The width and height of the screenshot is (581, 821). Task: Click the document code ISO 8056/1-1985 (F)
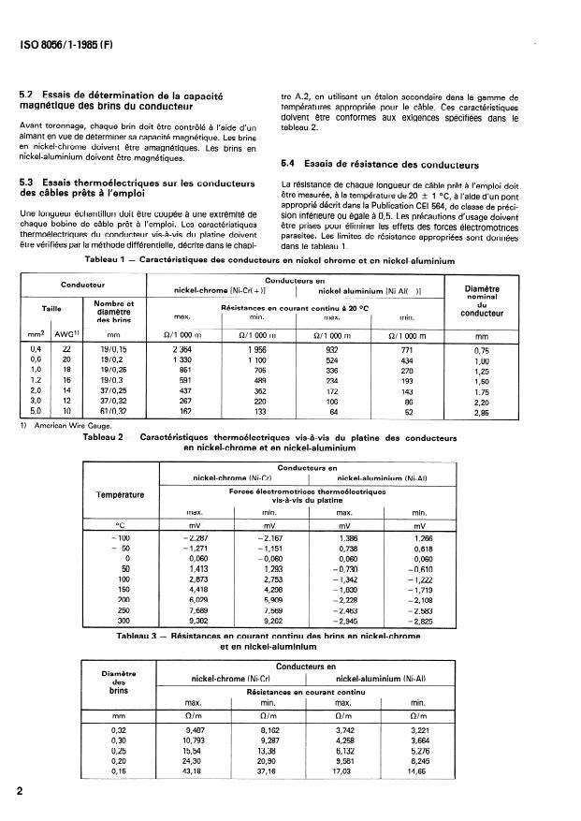[x=64, y=43]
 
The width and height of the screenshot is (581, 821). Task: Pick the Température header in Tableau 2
[x=121, y=494]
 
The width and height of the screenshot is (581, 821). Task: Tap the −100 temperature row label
[x=118, y=538]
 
